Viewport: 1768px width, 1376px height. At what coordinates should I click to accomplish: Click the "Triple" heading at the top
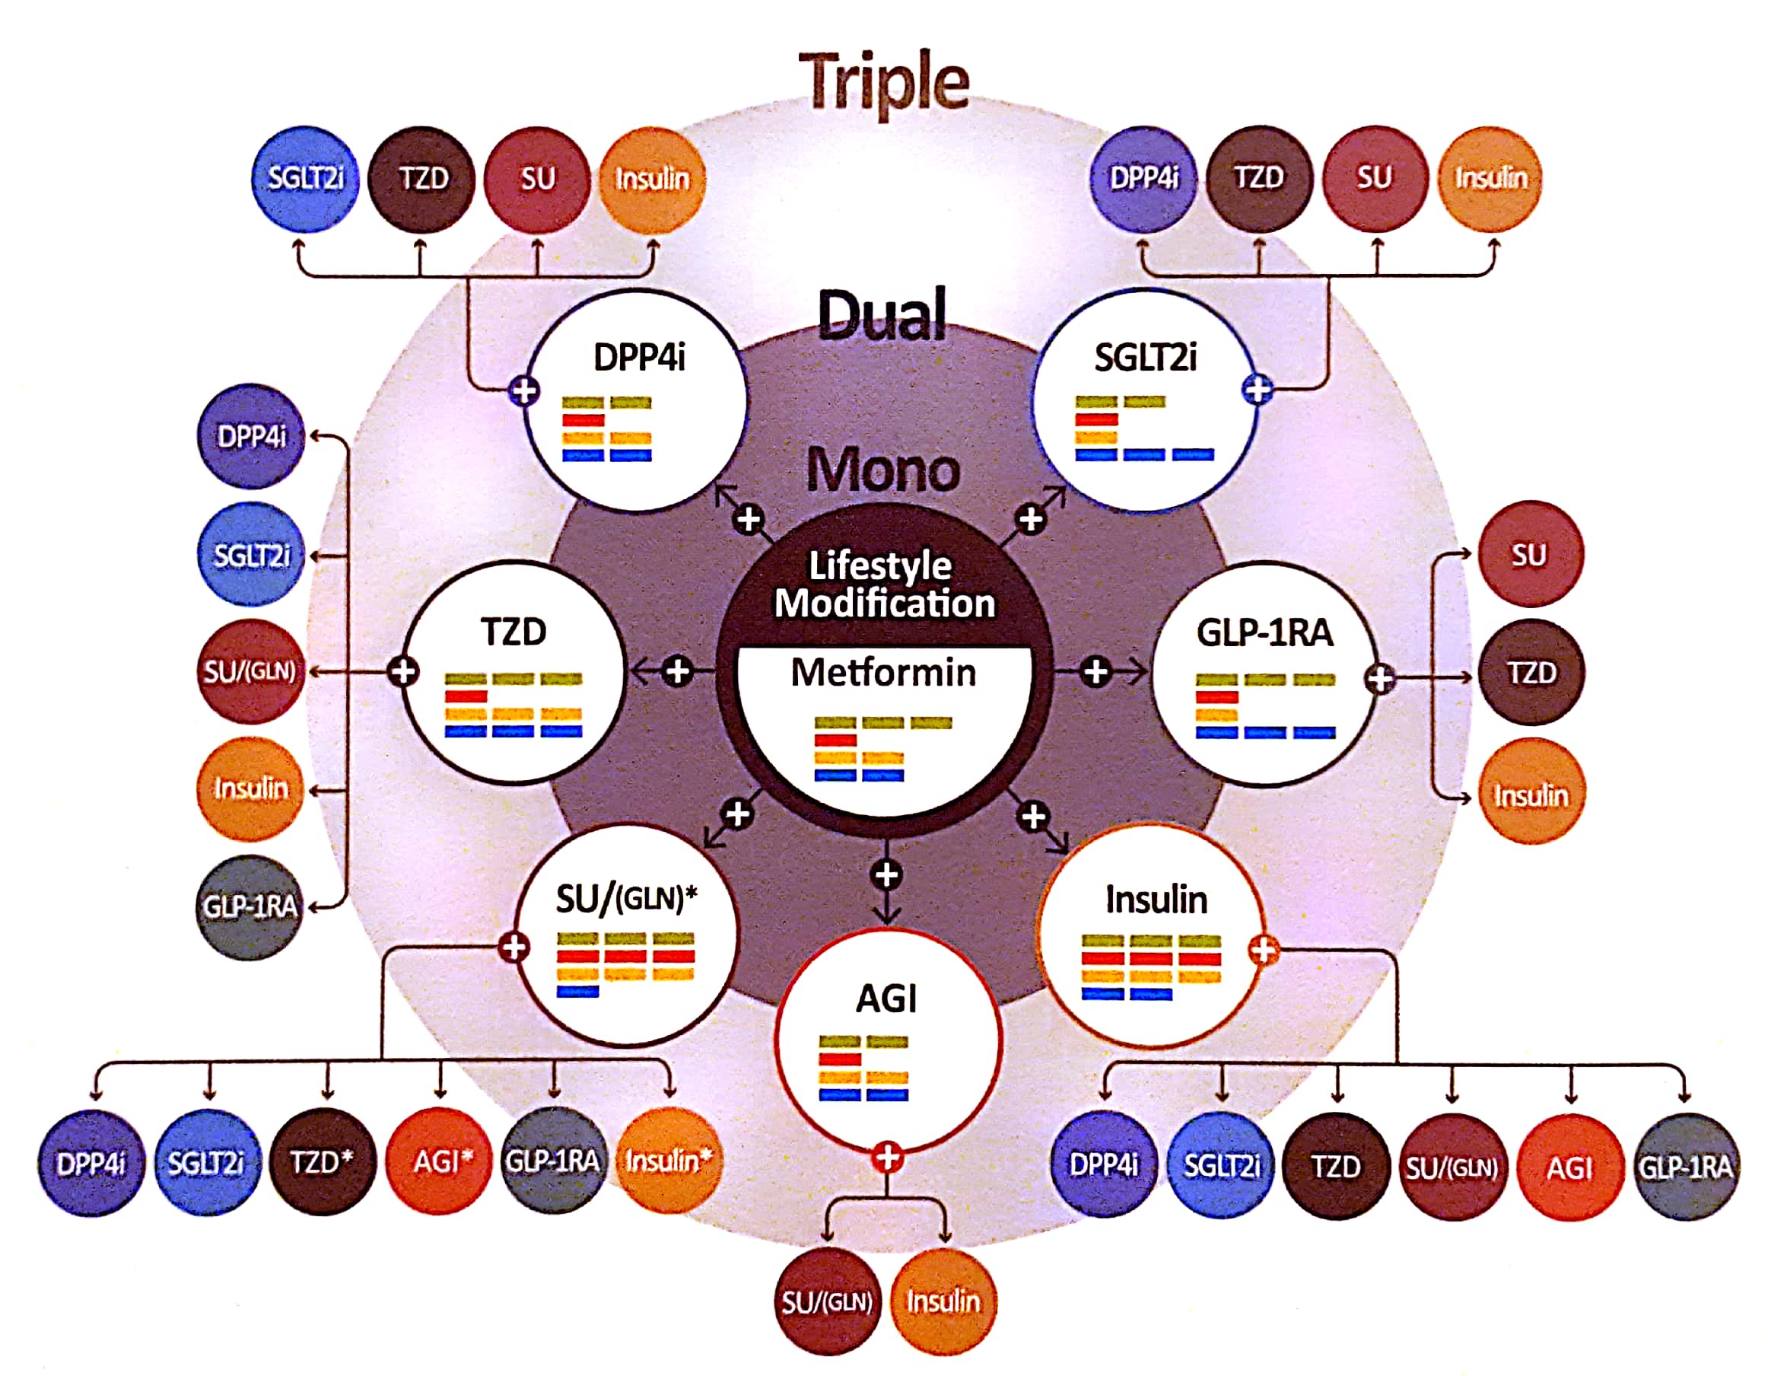tap(883, 81)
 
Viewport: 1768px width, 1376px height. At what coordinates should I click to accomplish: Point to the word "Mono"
tap(883, 469)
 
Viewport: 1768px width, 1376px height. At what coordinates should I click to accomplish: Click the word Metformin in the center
tap(883, 672)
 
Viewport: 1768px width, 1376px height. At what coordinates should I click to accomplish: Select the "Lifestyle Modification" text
tap(883, 584)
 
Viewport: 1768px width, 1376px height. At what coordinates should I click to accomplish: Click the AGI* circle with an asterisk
tap(440, 1162)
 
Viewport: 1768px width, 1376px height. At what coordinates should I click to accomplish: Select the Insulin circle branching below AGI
tap(943, 1301)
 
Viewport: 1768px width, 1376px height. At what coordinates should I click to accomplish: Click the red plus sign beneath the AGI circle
tap(887, 1158)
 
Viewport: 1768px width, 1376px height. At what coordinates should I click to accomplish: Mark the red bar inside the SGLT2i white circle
tap(1096, 419)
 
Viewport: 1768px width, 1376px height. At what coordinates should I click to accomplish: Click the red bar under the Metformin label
tap(835, 741)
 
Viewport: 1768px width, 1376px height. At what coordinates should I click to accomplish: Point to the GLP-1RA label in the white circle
tap(1264, 632)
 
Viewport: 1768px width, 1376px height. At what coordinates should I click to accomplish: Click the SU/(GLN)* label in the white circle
tap(626, 898)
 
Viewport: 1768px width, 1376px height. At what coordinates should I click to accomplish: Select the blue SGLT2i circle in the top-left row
tap(305, 179)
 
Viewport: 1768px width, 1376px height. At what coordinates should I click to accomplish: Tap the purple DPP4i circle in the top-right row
tap(1143, 178)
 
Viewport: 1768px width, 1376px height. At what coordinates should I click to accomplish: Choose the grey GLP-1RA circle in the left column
tap(250, 907)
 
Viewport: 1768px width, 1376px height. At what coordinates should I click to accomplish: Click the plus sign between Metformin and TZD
tap(678, 670)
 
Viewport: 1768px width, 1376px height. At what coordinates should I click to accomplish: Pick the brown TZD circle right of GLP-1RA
tap(1531, 672)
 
